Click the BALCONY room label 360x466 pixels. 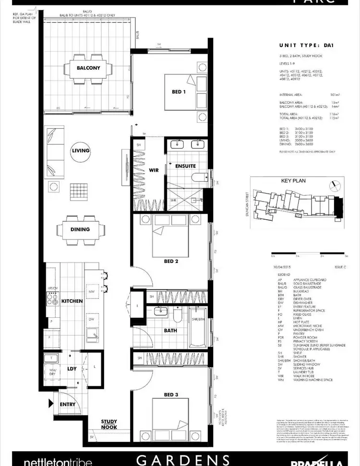pyautogui.click(x=88, y=68)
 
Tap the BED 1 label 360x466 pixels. pyautogui.click(x=179, y=92)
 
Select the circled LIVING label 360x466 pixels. pyautogui.click(x=80, y=151)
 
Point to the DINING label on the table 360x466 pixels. pyautogui.click(x=80, y=229)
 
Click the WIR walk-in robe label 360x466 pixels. pyautogui.click(x=154, y=170)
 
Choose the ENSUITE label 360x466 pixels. pyautogui.click(x=185, y=166)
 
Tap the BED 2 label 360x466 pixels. pyautogui.click(x=171, y=262)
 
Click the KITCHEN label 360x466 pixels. pyautogui.click(x=72, y=301)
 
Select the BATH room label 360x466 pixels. pyautogui.click(x=170, y=331)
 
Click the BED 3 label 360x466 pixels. pyautogui.click(x=171, y=394)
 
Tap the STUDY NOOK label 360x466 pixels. pyautogui.click(x=109, y=424)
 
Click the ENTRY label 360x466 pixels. pyautogui.click(x=68, y=404)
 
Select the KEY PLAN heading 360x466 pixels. pyautogui.click(x=293, y=181)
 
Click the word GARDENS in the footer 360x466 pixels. pyautogui.click(x=182, y=459)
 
